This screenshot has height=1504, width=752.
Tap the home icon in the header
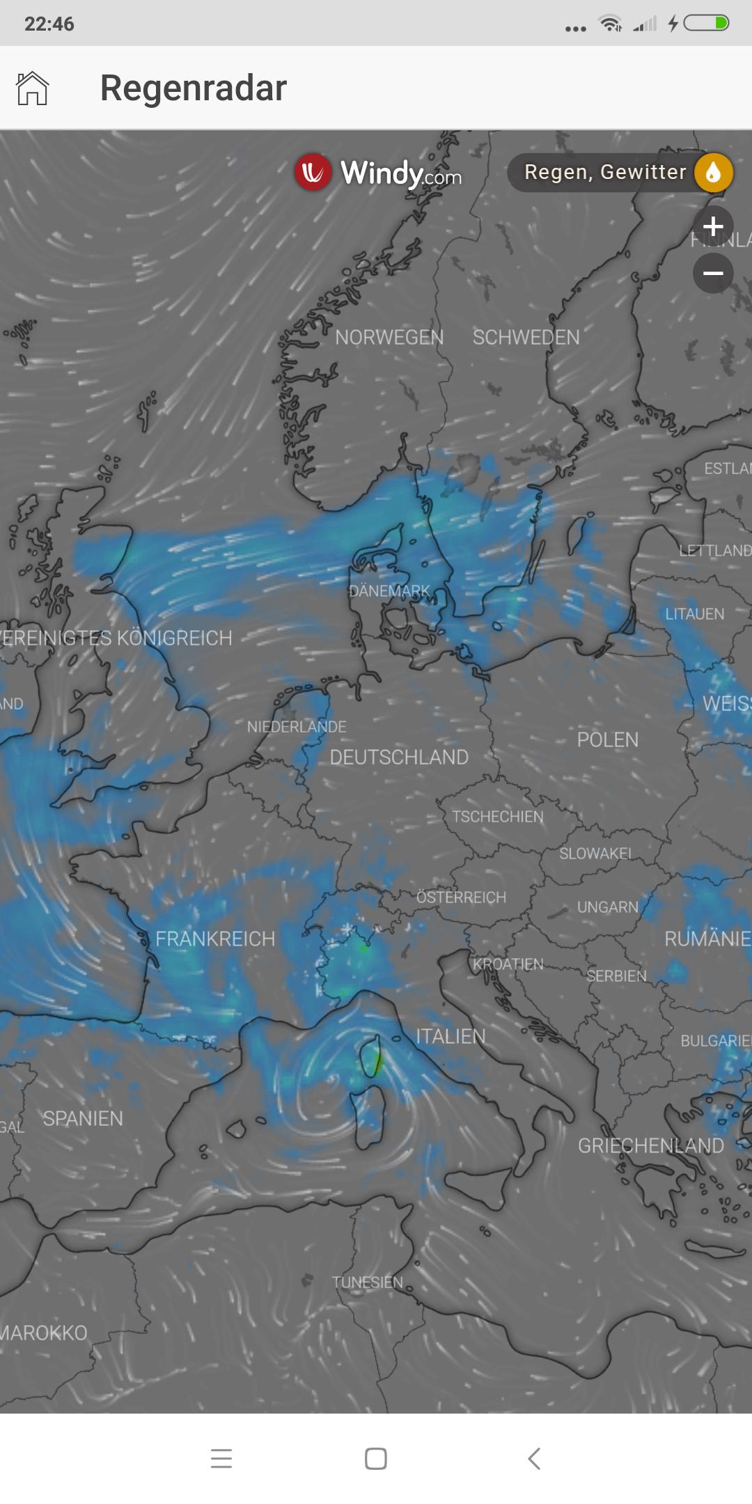(32, 88)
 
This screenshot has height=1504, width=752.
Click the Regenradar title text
(193, 88)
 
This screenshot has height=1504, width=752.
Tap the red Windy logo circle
(312, 172)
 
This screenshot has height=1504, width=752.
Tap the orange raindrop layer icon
(713, 173)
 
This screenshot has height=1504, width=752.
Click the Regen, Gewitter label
(604, 172)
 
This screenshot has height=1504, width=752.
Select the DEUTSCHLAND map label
(399, 758)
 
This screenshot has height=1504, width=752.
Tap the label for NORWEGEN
(389, 338)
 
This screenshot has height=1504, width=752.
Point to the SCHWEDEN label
(526, 338)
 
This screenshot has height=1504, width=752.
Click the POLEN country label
(607, 739)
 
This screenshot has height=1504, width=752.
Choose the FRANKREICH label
(215, 939)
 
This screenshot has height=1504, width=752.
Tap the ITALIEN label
(451, 1037)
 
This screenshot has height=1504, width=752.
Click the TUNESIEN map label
(367, 1283)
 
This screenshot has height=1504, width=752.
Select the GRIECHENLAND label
(650, 1146)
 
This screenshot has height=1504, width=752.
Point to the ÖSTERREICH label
(461, 898)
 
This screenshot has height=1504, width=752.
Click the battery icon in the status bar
(706, 24)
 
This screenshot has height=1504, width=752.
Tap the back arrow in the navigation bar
(534, 1458)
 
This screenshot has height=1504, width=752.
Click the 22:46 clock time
(49, 24)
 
